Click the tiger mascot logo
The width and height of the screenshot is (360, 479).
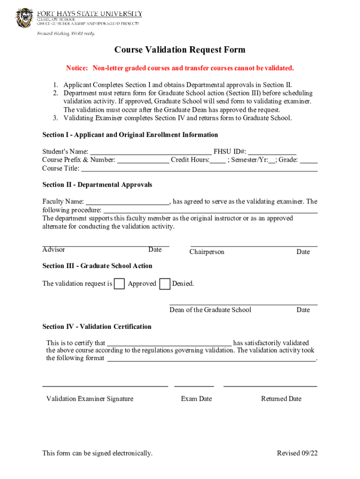[25, 18]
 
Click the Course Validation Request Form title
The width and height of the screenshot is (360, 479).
[180, 50]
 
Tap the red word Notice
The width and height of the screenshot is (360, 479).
[77, 68]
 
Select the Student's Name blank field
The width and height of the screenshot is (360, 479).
[151, 152]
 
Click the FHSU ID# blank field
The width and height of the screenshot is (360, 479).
[272, 152]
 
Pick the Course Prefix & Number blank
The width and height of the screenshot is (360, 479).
[143, 160]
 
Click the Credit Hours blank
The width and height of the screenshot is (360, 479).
[217, 160]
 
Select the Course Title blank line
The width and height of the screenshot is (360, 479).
[199, 169]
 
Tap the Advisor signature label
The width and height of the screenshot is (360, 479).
[54, 250]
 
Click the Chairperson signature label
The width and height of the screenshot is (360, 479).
[207, 252]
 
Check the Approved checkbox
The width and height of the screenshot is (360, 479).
[120, 284]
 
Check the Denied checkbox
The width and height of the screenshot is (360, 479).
[165, 284]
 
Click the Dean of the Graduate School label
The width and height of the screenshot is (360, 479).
[210, 310]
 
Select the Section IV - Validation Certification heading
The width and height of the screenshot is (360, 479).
[97, 327]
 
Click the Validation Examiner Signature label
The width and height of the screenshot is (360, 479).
[90, 399]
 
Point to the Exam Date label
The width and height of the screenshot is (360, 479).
[196, 399]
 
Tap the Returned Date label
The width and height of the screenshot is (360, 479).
[281, 399]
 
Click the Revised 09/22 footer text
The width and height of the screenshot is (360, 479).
[297, 453]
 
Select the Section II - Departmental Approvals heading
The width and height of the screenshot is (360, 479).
[97, 185]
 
